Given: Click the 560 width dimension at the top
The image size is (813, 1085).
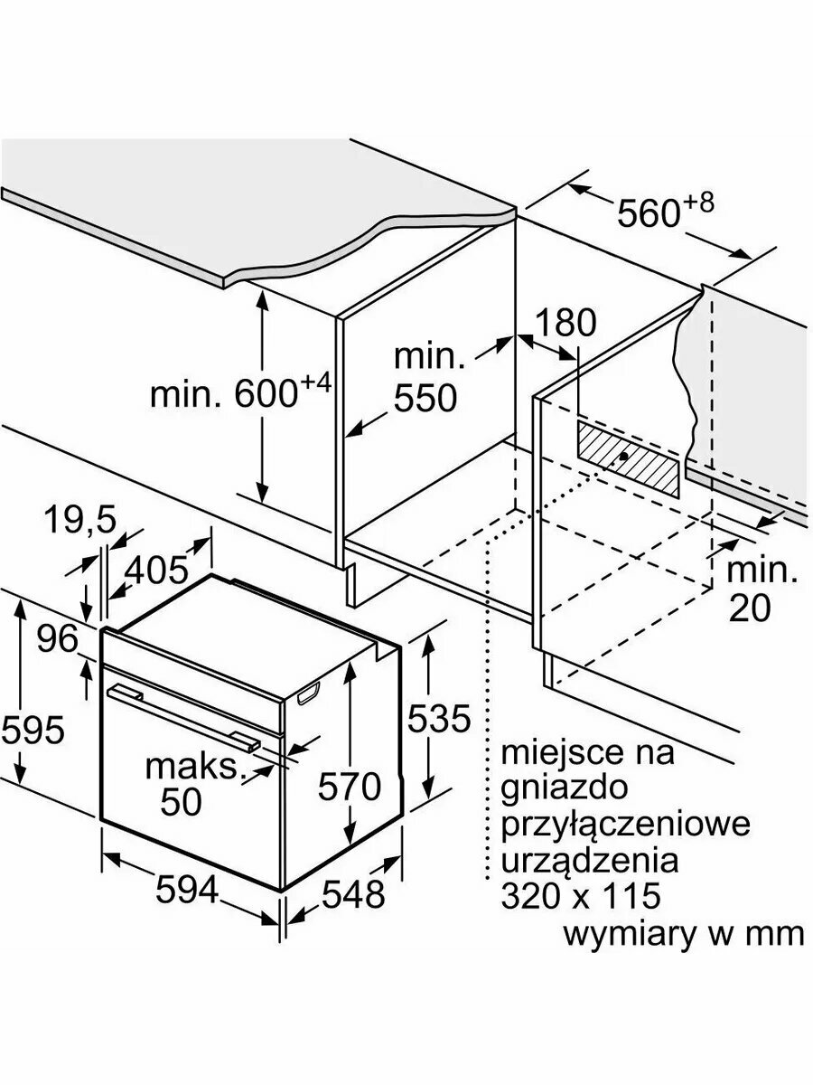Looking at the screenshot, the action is tap(666, 209).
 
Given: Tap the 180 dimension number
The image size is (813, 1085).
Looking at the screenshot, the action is tap(565, 324).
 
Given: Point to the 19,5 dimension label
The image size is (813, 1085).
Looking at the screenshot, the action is tap(80, 522).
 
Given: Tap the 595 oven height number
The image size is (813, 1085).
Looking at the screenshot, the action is tap(33, 729).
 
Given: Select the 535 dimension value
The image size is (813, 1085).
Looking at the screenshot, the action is tap(438, 718).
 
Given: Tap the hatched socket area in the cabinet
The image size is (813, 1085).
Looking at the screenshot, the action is tap(629, 458).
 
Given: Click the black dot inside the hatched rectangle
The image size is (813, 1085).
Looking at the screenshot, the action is tap(623, 457).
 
